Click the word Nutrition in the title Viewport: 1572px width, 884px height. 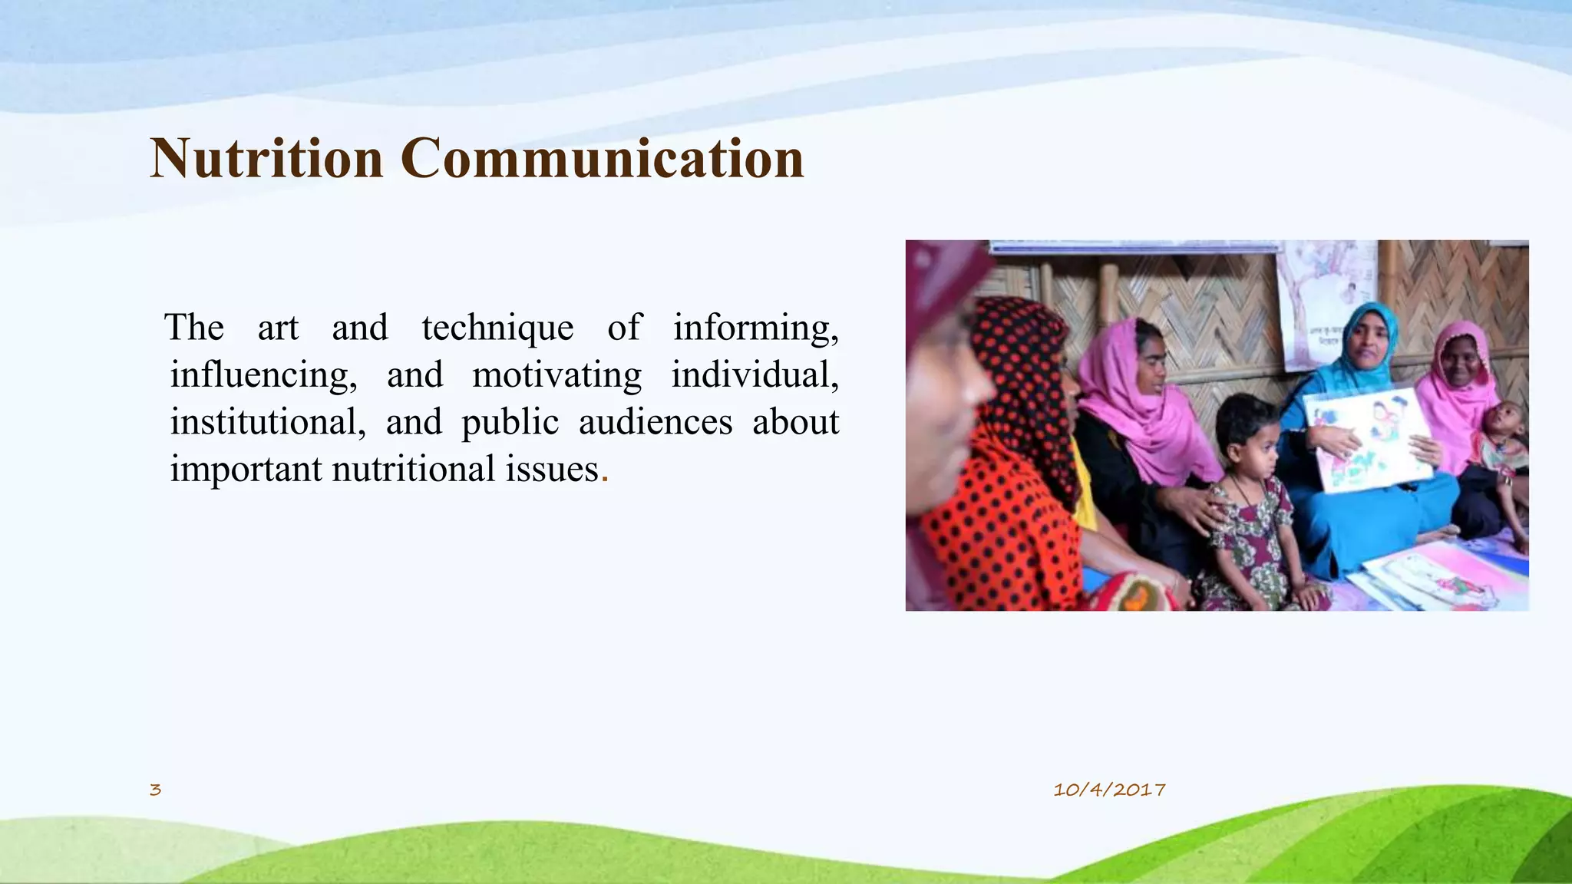point(266,158)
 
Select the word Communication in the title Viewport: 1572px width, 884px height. point(602,158)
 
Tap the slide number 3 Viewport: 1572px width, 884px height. point(155,790)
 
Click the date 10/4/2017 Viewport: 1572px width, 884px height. point(1109,790)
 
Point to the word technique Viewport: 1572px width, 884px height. point(497,328)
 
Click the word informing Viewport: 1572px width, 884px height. point(756,328)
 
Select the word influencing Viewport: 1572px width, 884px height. point(263,375)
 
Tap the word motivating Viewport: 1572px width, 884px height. point(557,375)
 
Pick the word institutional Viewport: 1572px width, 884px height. point(267,422)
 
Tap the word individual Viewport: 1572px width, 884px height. point(755,375)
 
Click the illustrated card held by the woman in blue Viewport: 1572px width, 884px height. point(1372,437)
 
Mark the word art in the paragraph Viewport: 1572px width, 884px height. point(277,328)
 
